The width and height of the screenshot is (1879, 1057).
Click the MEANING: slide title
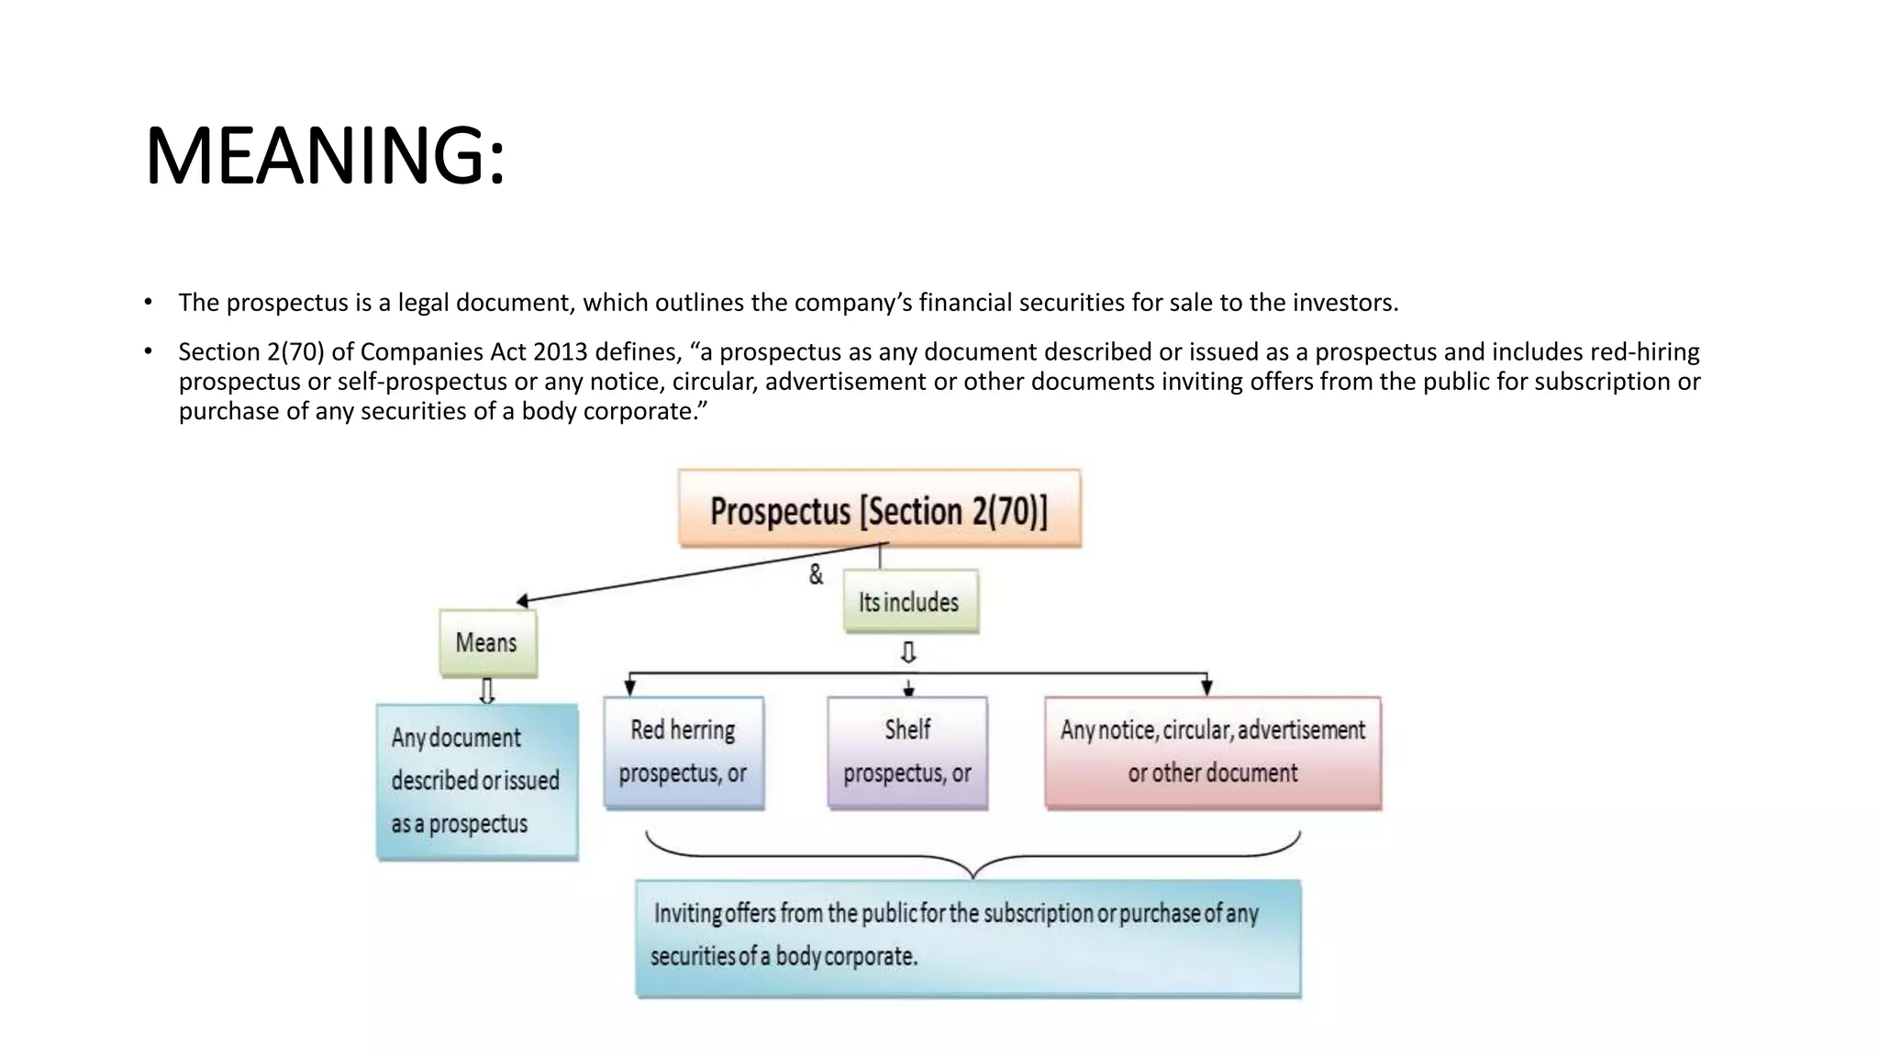(325, 156)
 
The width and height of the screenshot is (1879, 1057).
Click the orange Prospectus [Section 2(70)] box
(879, 509)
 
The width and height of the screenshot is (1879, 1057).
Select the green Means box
(487, 642)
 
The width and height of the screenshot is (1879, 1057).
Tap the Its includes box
(910, 602)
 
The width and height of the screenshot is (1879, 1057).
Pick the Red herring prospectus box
(684, 752)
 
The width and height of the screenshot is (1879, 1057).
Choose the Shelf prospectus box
(907, 752)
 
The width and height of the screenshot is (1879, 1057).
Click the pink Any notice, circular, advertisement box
(1213, 752)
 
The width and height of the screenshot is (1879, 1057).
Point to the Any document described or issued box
(477, 781)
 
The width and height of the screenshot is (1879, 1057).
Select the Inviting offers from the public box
(968, 937)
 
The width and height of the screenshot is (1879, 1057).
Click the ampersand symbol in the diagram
(816, 575)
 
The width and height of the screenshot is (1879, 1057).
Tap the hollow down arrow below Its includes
(908, 652)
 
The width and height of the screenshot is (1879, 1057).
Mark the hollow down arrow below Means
(487, 690)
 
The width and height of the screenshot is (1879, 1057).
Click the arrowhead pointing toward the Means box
(522, 601)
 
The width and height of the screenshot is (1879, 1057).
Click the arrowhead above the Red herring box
(630, 687)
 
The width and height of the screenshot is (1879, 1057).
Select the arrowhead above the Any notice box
(1206, 687)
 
